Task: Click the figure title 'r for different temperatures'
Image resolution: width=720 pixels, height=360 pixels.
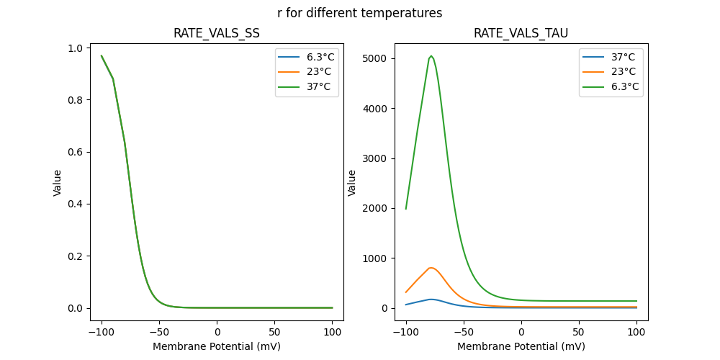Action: click(x=359, y=13)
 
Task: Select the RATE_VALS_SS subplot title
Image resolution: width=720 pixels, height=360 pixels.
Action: click(x=217, y=34)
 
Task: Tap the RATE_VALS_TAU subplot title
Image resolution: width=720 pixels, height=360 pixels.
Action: click(x=521, y=34)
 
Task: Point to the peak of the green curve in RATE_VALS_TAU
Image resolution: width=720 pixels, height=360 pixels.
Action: click(x=431, y=56)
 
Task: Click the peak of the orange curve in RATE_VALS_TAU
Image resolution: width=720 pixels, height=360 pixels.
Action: click(x=431, y=268)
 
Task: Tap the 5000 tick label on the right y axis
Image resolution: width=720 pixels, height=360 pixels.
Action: click(x=374, y=58)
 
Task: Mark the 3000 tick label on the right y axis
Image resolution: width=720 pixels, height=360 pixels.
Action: click(x=374, y=158)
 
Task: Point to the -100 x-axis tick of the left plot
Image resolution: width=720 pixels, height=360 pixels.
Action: click(x=102, y=332)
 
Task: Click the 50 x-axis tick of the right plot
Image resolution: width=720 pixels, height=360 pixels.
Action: click(x=579, y=332)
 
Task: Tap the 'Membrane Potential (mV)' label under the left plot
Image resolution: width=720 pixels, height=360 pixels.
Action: click(x=217, y=346)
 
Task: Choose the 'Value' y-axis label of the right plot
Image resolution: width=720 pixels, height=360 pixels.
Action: click(x=352, y=183)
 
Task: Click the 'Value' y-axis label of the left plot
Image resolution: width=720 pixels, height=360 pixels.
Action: click(x=57, y=183)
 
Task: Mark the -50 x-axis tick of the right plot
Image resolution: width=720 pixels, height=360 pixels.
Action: click(x=464, y=332)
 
